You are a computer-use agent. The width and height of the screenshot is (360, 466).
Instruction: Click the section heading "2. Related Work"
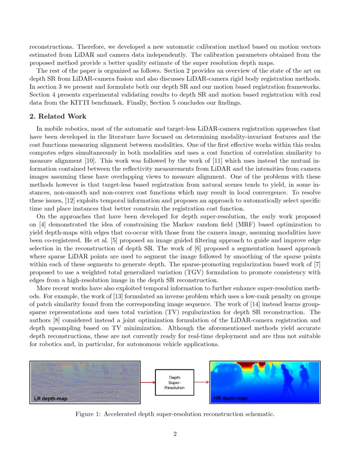58,116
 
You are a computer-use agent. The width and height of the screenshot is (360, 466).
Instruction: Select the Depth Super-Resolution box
174,383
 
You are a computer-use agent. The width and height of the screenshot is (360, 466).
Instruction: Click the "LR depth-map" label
51,399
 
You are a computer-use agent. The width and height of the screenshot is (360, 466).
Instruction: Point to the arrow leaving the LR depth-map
147,383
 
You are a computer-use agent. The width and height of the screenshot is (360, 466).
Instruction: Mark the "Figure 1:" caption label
88,414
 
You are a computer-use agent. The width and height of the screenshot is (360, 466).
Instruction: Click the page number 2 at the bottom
175,434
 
